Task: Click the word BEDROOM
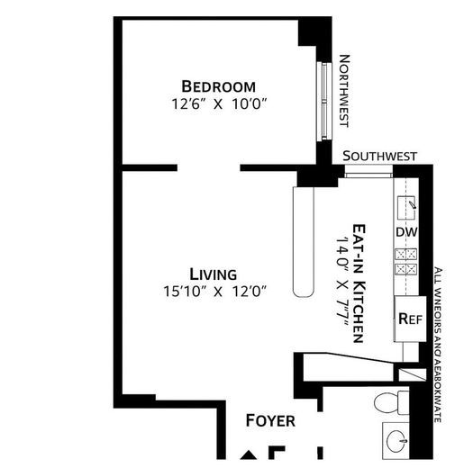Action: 218,86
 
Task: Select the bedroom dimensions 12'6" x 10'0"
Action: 218,103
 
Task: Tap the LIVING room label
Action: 213,274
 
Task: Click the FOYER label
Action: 270,420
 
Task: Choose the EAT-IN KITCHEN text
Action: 358,283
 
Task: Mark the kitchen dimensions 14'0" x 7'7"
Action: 341,283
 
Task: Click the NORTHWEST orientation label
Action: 343,90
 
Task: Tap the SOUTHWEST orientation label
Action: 379,156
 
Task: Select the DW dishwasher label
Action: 406,232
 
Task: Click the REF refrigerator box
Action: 410,319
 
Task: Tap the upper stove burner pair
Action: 406,254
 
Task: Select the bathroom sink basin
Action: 396,440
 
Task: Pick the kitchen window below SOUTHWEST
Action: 368,170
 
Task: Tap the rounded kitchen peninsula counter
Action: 303,239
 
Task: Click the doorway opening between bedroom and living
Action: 208,167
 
